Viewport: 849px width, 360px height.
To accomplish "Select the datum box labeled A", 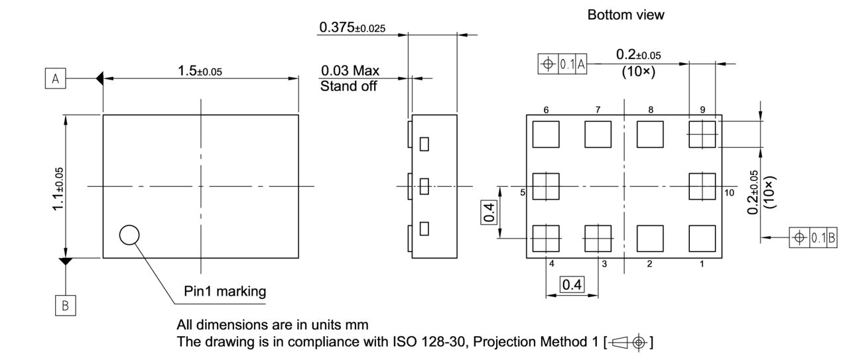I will tap(56, 79).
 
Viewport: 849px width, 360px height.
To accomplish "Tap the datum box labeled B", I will tap(65, 306).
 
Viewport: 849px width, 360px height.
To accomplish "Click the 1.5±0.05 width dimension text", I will tap(200, 71).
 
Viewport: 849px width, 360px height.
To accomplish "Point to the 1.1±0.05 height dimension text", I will tap(59, 189).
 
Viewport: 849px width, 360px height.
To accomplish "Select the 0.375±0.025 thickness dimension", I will tap(352, 28).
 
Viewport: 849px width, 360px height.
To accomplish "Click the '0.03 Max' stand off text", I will tap(350, 70).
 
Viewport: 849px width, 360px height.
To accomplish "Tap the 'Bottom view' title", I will tap(625, 15).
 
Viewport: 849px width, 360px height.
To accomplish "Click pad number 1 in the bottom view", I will tap(702, 238).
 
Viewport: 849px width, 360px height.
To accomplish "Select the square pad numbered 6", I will tap(546, 135).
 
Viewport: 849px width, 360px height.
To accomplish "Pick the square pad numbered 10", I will tap(702, 186).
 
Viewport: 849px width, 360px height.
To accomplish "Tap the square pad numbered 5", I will tap(546, 186).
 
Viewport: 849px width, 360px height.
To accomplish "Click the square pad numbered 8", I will tap(650, 135).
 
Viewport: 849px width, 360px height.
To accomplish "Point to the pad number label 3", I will tap(604, 264).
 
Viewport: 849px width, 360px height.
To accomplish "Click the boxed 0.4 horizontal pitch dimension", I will tap(571, 285).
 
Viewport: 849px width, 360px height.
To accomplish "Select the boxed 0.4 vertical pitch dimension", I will tap(489, 212).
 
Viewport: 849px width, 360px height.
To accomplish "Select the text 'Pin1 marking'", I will tap(225, 290).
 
